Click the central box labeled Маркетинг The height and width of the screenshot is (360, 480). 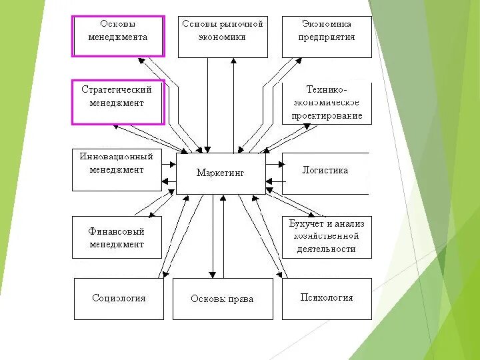[x=221, y=173]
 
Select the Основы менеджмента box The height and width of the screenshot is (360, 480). [x=118, y=35]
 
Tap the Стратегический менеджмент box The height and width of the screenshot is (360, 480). [x=117, y=102]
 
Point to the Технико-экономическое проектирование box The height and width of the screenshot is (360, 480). [x=327, y=103]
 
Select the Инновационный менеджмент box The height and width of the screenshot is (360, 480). [x=117, y=171]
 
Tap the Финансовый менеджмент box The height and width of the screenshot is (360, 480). [x=117, y=237]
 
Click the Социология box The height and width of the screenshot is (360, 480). [x=119, y=299]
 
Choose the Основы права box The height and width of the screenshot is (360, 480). [x=222, y=299]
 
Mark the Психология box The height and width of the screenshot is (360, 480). [x=327, y=298]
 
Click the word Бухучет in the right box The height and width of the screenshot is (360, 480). [x=306, y=224]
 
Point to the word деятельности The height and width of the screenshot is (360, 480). [x=327, y=249]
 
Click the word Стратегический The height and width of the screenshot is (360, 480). [x=117, y=89]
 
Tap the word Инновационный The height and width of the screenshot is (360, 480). [x=117, y=157]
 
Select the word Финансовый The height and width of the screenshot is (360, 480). [x=117, y=231]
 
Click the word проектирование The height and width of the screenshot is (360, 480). [x=327, y=115]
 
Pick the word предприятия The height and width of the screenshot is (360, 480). [x=327, y=37]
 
